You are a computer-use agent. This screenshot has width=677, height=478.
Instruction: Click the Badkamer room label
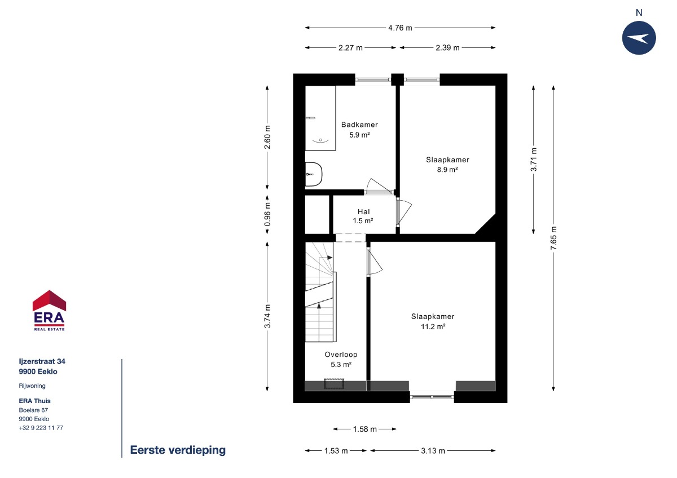359,125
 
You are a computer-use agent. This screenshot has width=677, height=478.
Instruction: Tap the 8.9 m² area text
447,170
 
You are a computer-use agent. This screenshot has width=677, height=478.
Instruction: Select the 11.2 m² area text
433,326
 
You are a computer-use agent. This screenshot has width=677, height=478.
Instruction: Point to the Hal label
363,212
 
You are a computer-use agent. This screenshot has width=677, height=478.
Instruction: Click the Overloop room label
341,355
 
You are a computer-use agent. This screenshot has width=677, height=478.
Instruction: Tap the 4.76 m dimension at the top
400,28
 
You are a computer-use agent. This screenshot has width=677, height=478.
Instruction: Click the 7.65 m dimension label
553,238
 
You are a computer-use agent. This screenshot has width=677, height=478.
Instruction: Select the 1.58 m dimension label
365,429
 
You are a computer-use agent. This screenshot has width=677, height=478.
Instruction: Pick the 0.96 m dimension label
267,214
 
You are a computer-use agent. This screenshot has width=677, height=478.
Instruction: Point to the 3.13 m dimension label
433,451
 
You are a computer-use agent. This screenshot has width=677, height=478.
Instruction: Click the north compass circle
639,38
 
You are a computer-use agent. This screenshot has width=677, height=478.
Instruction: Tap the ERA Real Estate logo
49,311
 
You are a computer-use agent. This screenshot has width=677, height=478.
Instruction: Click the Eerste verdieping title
178,450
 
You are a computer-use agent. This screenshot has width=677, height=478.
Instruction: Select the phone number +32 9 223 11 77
41,428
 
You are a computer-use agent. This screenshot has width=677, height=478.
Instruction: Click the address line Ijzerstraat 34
42,361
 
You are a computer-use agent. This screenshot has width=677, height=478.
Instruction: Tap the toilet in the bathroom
314,174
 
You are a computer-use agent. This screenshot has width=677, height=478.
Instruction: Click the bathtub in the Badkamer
320,118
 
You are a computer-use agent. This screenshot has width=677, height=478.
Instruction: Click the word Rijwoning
32,386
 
